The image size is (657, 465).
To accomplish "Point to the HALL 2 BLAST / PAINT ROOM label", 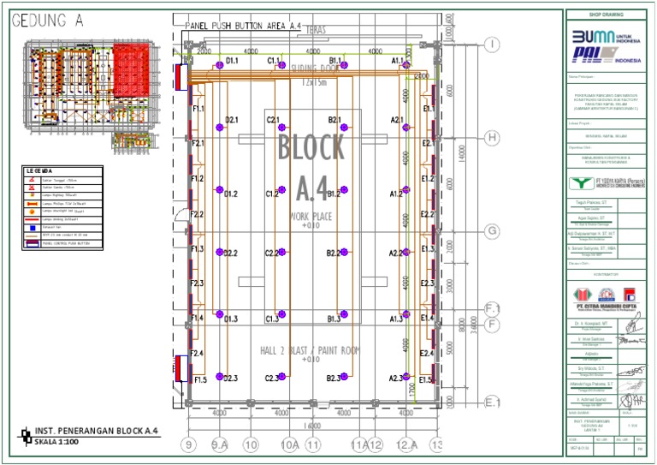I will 310,351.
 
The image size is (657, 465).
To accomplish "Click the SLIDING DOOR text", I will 313,70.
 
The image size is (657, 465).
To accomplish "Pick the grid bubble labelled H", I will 492,137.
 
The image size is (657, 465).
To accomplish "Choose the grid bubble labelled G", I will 492,231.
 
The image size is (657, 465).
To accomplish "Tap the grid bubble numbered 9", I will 189,444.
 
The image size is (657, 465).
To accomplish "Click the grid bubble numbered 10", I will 251,444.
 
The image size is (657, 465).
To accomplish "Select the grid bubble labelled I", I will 492,44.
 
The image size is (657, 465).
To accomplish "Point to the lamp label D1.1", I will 232,61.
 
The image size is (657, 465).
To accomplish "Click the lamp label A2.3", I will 397,378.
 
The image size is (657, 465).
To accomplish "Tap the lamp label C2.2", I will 273,253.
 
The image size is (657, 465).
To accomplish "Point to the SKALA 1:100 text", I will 56,442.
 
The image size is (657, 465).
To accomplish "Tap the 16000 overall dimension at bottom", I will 311,426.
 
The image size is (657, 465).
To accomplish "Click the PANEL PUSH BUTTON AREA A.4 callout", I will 243,27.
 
